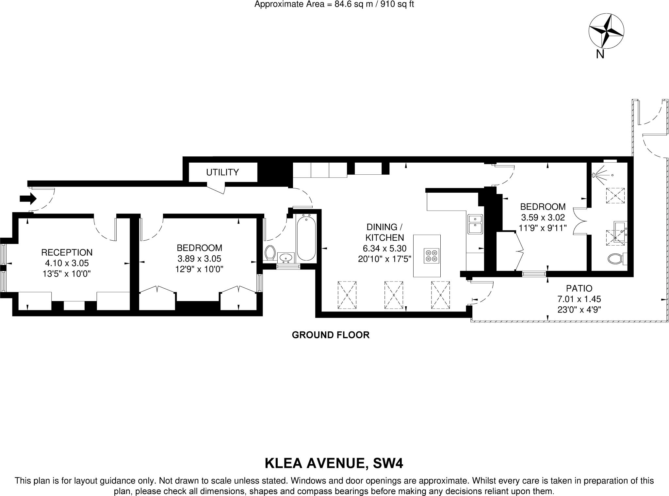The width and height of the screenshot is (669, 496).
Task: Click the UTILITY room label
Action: tap(222, 172)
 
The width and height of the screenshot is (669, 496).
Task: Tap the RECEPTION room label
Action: tap(67, 252)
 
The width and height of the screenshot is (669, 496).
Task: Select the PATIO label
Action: tap(579, 288)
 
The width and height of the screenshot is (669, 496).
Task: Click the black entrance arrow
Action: tap(28, 198)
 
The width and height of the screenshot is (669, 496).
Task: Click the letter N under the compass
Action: tap(600, 54)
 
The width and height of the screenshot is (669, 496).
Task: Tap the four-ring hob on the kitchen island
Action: tap(431, 256)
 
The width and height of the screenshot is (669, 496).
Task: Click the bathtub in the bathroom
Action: tap(306, 237)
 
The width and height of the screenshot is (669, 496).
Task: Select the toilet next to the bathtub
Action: tap(270, 252)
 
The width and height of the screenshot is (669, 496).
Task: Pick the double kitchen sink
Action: tap(475, 224)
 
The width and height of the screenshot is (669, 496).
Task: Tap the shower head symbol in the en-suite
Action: tap(595, 175)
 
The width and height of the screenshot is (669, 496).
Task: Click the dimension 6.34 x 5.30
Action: tap(384, 248)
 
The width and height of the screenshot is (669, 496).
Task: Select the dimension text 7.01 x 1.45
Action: tap(579, 299)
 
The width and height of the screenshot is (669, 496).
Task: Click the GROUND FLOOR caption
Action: tap(331, 335)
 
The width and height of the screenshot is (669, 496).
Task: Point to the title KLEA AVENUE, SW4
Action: tap(334, 464)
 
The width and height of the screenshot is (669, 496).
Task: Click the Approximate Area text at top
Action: tap(334, 5)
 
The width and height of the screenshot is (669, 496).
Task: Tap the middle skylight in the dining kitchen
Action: tap(394, 295)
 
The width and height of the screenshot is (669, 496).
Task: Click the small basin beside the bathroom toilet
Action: tap(286, 257)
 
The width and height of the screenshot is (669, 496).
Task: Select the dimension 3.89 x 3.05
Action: tap(199, 259)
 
